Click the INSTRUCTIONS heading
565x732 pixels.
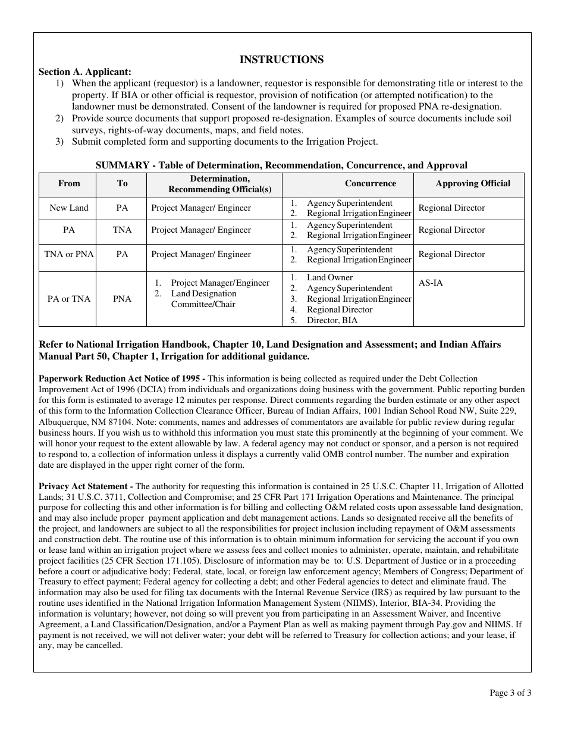pos(281,60)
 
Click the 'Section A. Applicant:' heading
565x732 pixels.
pos(85,71)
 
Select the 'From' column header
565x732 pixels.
pos(69,183)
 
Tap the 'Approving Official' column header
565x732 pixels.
pos(473,183)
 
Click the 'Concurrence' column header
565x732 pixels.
pos(370,183)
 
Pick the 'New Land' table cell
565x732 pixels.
pos(69,208)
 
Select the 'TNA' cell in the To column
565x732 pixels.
pos(122,230)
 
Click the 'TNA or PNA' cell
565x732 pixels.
pos(69,254)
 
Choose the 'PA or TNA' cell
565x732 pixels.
pos(69,299)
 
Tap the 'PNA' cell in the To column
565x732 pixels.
pos(122,299)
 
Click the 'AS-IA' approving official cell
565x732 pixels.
pos(431,283)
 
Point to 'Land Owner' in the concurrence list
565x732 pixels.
pos(329,277)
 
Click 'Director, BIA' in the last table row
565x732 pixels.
pos(332,320)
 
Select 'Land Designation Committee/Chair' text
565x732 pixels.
pos(203,299)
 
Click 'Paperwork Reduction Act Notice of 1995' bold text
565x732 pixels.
pos(122,378)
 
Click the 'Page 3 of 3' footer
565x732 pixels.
pos(510,692)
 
